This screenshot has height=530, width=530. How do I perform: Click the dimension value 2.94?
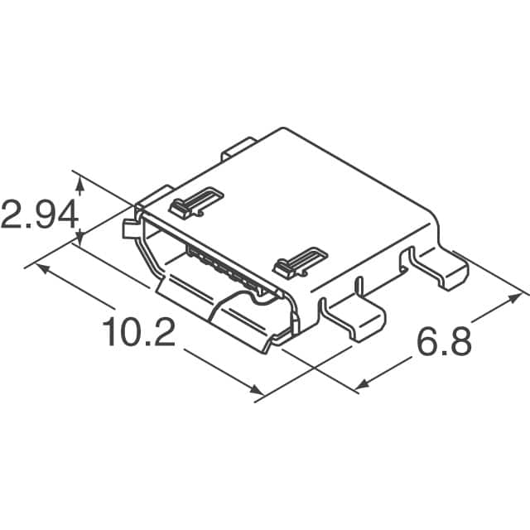[x=39, y=214]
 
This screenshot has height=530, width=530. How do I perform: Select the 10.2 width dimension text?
[x=138, y=333]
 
